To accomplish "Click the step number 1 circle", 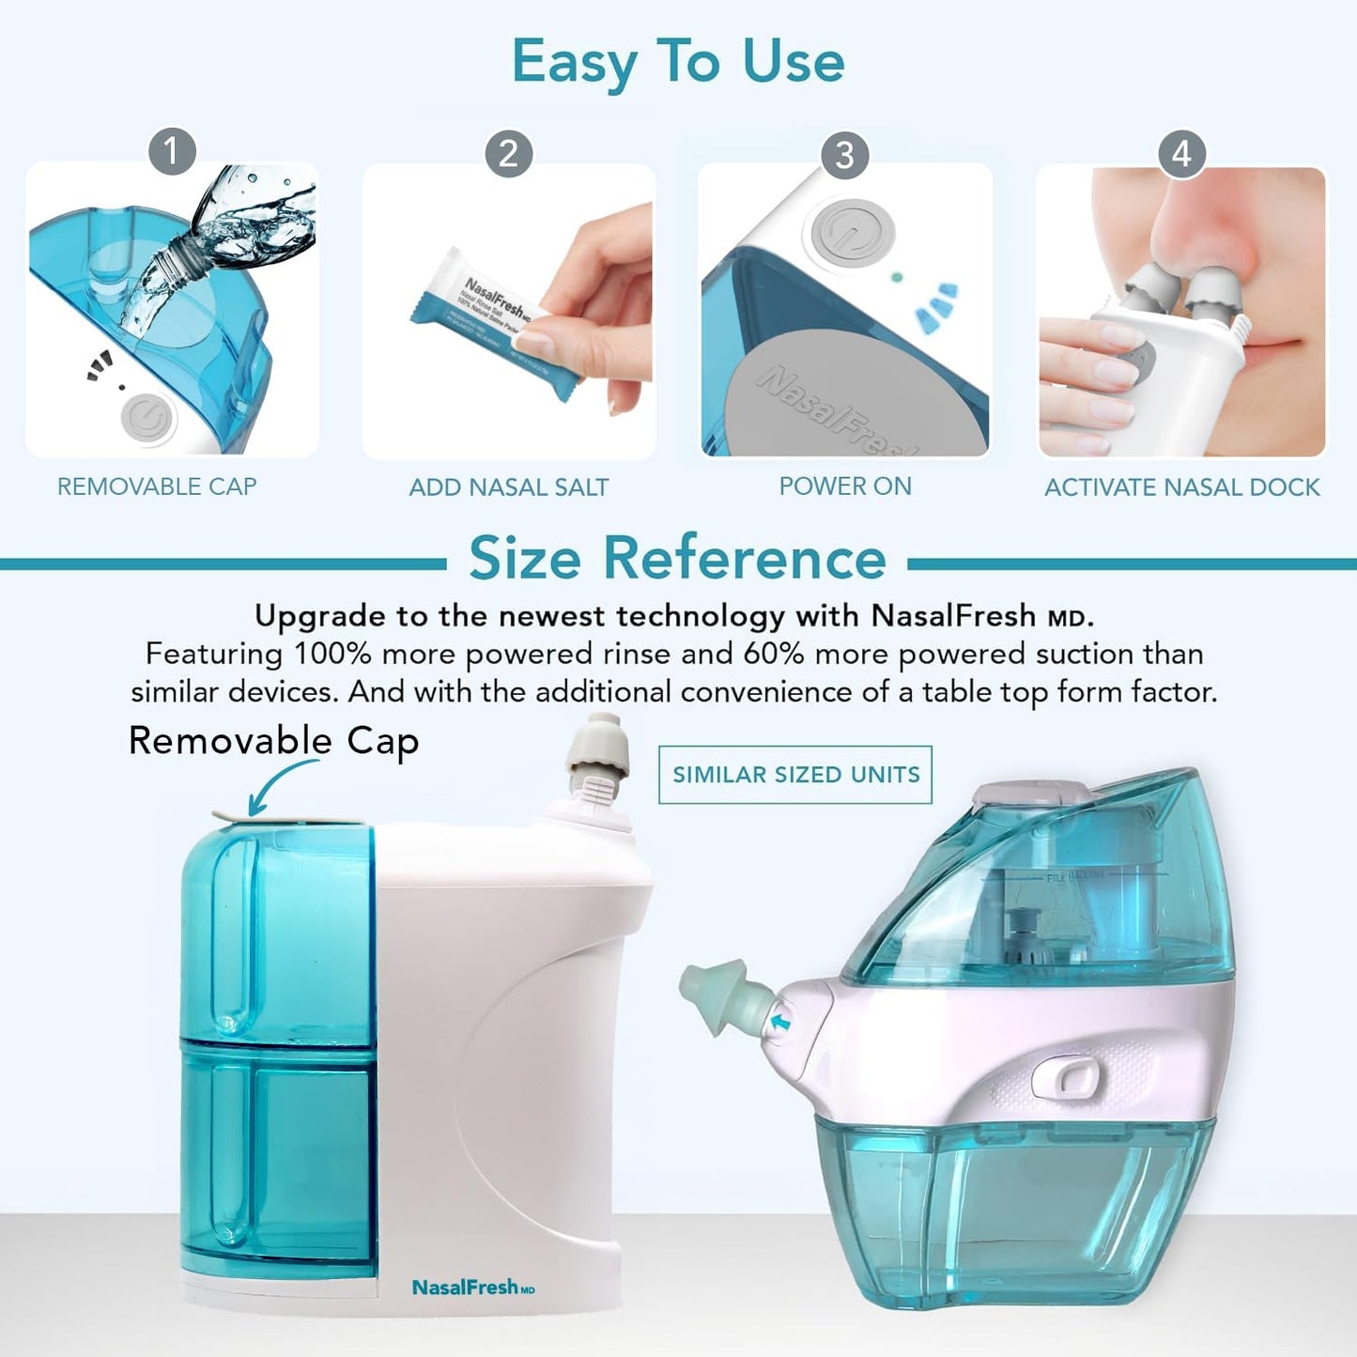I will (172, 151).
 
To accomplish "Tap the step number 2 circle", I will (508, 153).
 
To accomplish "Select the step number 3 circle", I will (844, 155).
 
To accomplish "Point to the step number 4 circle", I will (1181, 153).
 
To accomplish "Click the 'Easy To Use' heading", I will (677, 62).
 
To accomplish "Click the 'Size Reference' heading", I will (677, 559).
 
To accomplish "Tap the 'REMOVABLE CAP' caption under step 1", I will (157, 486).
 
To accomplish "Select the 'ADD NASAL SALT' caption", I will (508, 487).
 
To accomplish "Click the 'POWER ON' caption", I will (844, 486).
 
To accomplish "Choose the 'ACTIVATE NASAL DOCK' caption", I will (1181, 487).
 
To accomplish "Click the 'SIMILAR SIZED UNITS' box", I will (795, 775).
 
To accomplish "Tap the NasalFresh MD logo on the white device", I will (472, 1288).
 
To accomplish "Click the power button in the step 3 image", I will (852, 232).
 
